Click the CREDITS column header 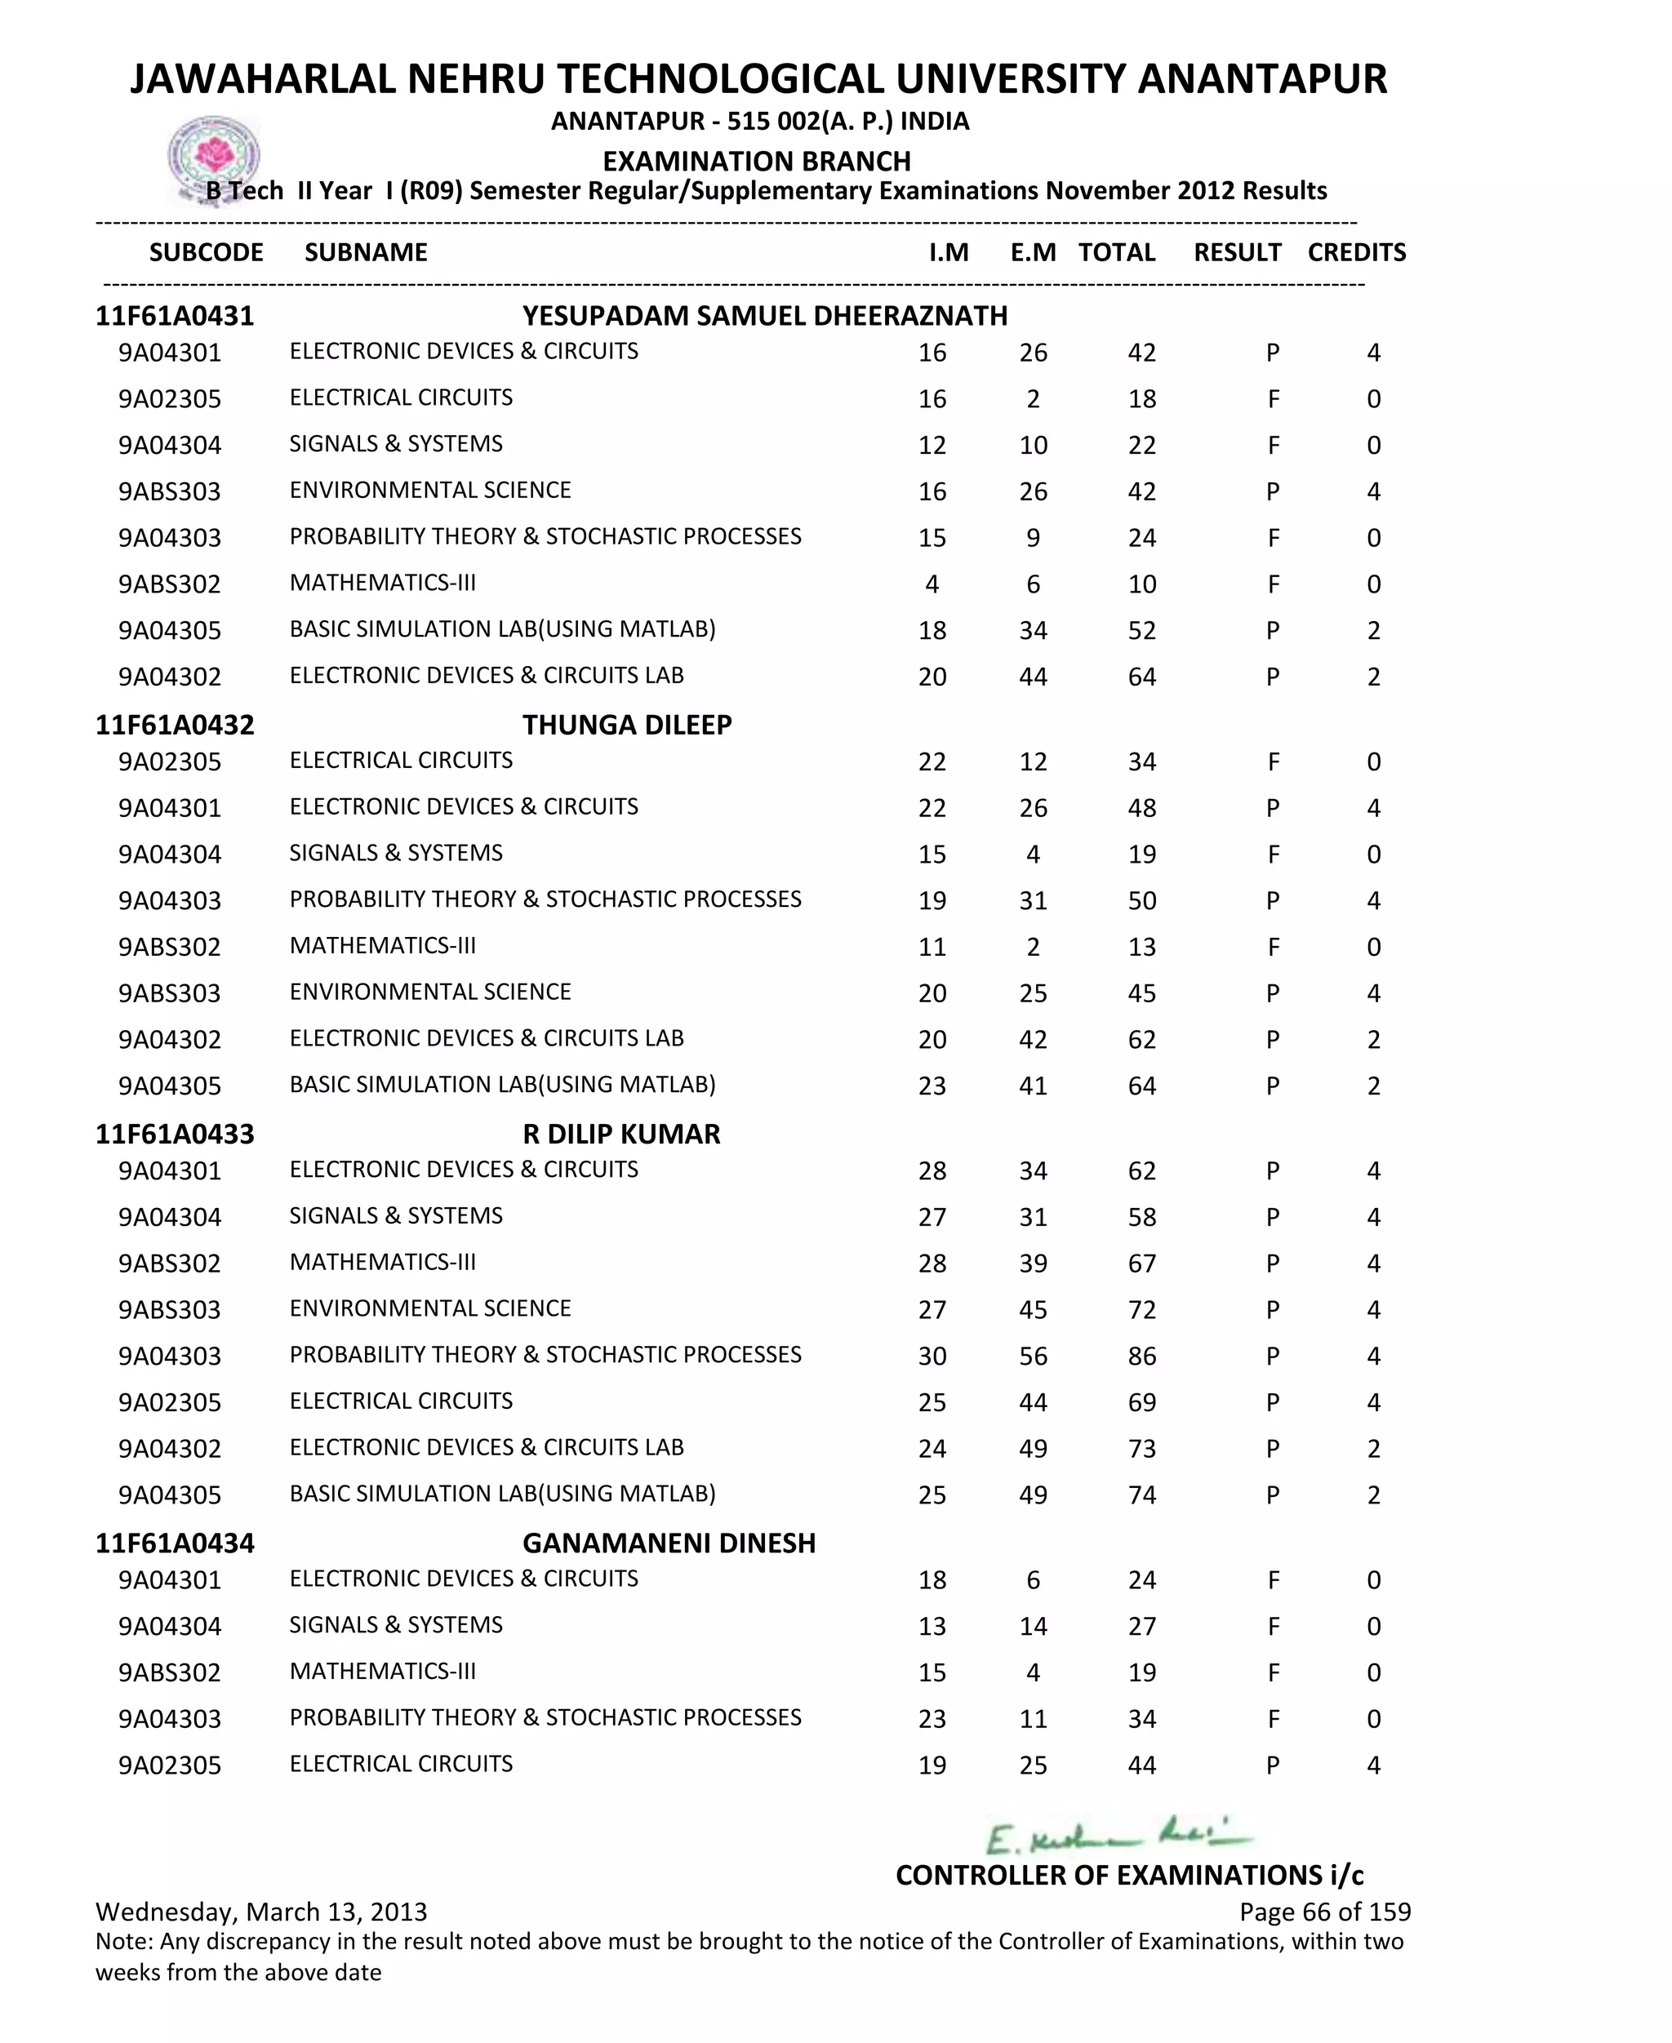(x=1356, y=252)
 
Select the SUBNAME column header (x=366, y=252)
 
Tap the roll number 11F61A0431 (x=175, y=316)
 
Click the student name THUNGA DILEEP (x=627, y=725)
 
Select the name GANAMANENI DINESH (x=669, y=1543)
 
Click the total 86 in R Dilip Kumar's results (x=1141, y=1357)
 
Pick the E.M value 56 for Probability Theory (x=1033, y=1357)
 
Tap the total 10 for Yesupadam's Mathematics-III (x=1141, y=584)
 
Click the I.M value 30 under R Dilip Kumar (x=932, y=1357)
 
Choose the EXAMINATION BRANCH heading (x=756, y=161)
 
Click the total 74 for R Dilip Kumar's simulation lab (x=1141, y=1495)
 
